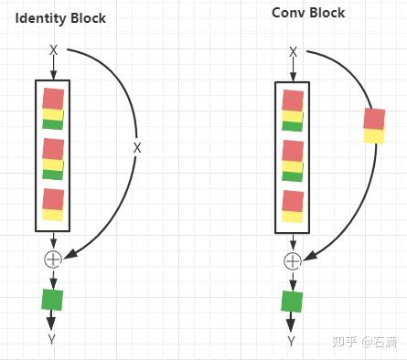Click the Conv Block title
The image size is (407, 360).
tap(307, 13)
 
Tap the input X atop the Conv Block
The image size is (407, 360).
tap(293, 52)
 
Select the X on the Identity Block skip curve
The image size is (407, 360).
tap(138, 147)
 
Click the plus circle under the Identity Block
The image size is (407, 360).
tap(52, 259)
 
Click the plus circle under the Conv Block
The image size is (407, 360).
tap(293, 260)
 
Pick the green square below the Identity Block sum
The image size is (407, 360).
tap(52, 299)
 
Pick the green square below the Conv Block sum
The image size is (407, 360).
tap(292, 302)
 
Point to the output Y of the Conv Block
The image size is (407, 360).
tap(292, 341)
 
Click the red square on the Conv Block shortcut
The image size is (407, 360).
tap(374, 119)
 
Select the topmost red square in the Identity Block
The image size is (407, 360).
tap(53, 98)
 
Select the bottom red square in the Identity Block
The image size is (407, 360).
tap(53, 198)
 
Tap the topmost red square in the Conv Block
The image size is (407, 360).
tap(293, 100)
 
